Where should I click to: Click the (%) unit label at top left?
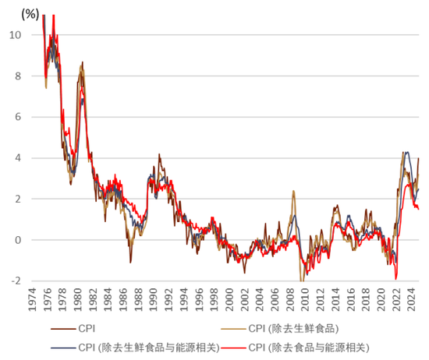tap(30, 14)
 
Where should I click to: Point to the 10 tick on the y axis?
tap(16, 35)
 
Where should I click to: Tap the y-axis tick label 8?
tap(18, 76)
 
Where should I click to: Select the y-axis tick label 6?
tap(18, 117)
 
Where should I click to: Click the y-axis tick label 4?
tap(18, 158)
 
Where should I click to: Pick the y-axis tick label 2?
tap(18, 199)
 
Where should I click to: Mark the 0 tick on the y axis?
tap(18, 240)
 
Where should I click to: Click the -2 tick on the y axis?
tap(16, 281)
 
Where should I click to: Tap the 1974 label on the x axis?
tap(32, 299)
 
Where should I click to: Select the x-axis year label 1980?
tap(78, 299)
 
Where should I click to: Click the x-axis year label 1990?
tap(154, 299)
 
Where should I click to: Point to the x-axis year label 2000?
tap(230, 299)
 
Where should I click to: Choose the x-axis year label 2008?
tap(291, 299)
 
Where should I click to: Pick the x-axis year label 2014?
tap(336, 299)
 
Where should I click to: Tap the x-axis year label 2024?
tap(412, 299)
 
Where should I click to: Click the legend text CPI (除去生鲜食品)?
tap(293, 329)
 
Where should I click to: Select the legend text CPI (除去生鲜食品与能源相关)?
tap(149, 348)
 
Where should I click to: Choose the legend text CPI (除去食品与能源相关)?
tap(309, 348)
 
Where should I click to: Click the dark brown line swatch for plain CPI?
tap(63, 329)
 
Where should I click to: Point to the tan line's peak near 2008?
tap(293, 191)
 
